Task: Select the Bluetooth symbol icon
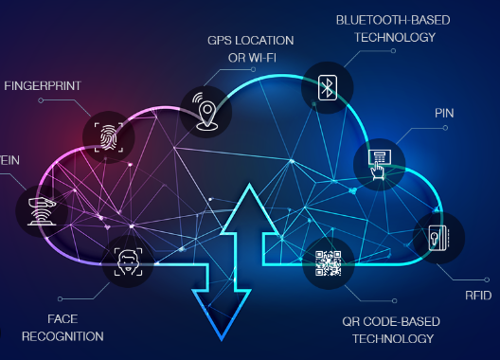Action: [x=328, y=88]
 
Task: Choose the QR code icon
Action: [x=328, y=262]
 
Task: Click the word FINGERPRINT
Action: [x=43, y=86]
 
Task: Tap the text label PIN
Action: [x=445, y=112]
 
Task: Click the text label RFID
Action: [x=478, y=296]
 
